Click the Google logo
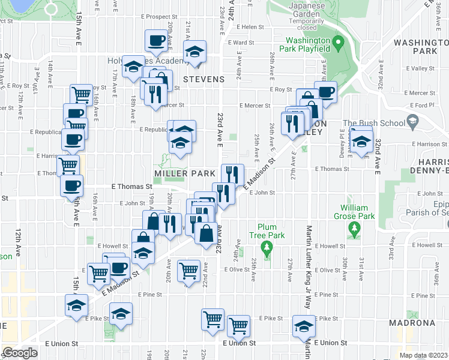tap(20, 353)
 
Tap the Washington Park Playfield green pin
tap(338, 43)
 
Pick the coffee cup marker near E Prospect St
tap(156, 41)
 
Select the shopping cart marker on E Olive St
tap(188, 271)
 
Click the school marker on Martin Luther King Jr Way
tap(304, 327)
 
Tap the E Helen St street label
tap(250, 27)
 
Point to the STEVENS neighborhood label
tap(203, 79)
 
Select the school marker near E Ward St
tap(194, 52)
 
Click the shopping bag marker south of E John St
tap(206, 233)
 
